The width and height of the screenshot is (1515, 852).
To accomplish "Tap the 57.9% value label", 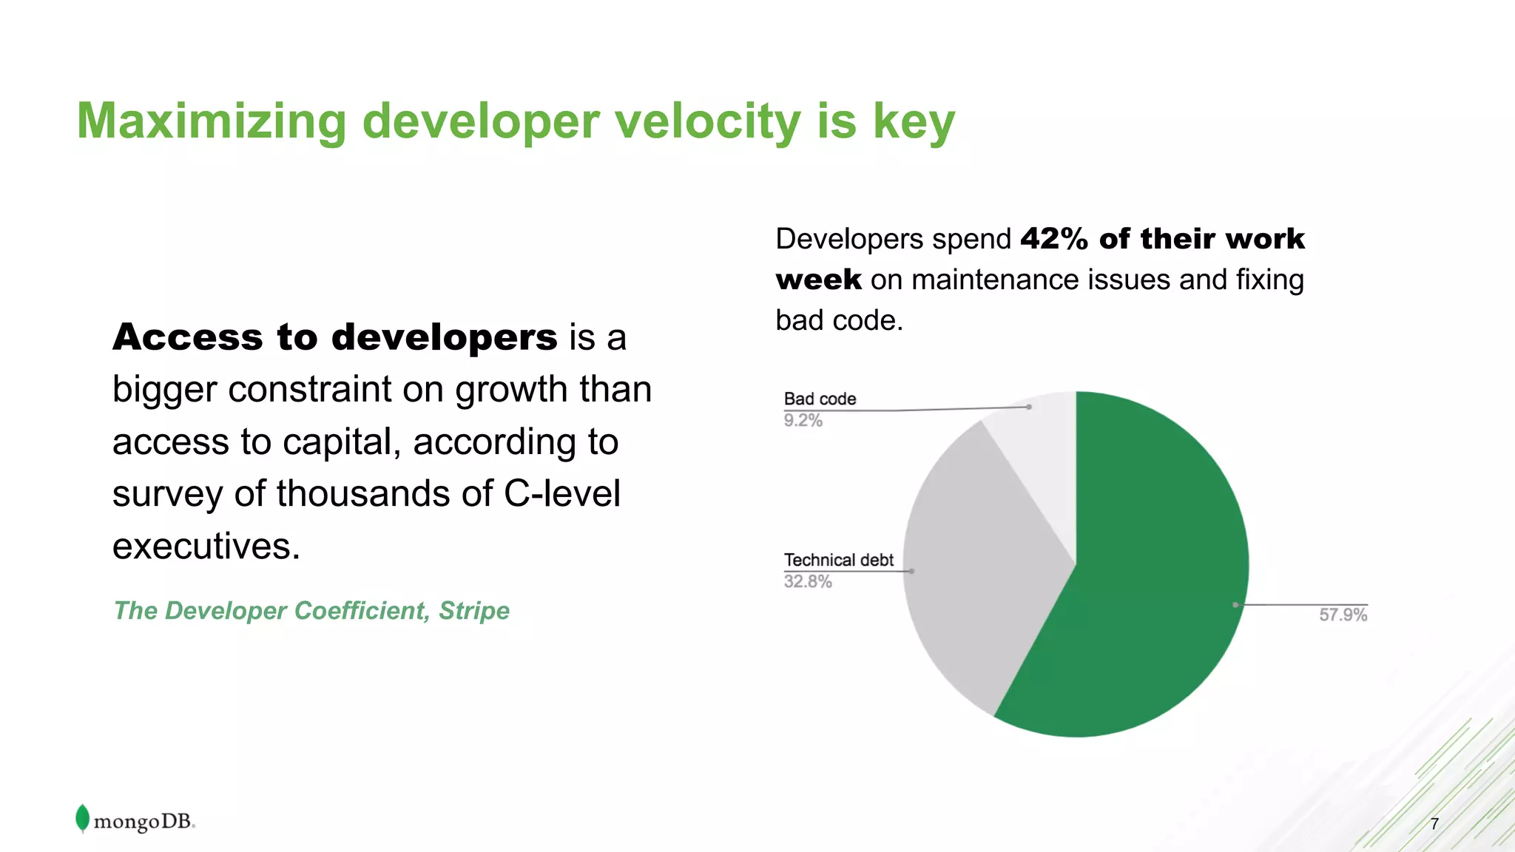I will point(1343,615).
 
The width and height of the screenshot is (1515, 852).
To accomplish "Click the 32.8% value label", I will point(808,582).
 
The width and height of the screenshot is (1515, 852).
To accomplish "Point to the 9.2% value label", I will point(803,421).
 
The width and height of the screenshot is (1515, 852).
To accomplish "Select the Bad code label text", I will point(820,399).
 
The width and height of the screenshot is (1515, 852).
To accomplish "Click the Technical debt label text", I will point(838,561).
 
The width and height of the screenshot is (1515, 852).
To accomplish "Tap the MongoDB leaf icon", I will point(82,818).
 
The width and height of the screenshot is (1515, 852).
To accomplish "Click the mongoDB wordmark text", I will point(144,822).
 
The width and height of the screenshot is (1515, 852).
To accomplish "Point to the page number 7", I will point(1434,824).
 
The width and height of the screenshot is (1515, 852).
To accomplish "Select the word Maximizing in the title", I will point(212,122).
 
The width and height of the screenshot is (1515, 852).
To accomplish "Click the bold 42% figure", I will point(1054,239).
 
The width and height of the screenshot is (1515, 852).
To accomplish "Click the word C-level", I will point(562,493).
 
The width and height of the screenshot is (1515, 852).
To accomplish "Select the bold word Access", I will point(188,337).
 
